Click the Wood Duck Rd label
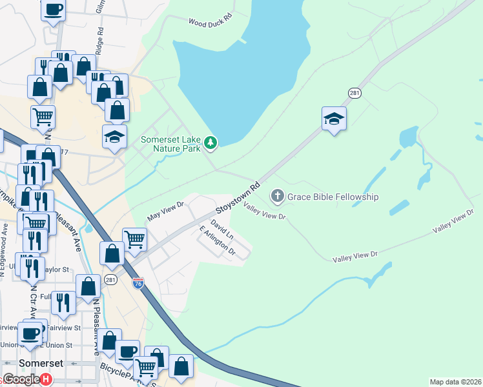[210, 22]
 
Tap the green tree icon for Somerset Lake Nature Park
[210, 143]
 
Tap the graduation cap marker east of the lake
[334, 119]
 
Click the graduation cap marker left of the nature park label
[114, 137]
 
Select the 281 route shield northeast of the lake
[355, 93]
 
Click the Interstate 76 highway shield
[138, 283]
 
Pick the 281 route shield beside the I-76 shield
[110, 279]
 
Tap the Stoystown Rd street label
[238, 197]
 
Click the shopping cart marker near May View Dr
[134, 239]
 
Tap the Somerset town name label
[41, 363]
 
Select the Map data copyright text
[456, 382]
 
